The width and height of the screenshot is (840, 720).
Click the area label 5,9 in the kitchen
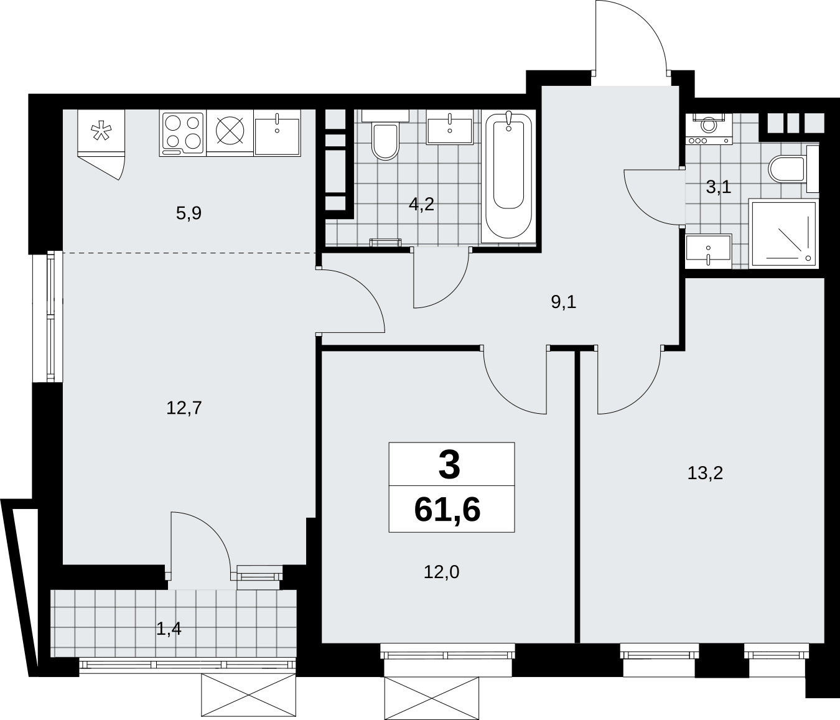pyautogui.click(x=189, y=213)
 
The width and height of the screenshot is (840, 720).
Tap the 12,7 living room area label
pyautogui.click(x=184, y=408)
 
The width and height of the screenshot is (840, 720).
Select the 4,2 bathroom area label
pyautogui.click(x=421, y=204)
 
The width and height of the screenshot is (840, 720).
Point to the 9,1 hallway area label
pyautogui.click(x=564, y=302)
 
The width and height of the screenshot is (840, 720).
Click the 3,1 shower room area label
pyautogui.click(x=719, y=187)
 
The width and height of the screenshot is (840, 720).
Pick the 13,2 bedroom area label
pyautogui.click(x=705, y=473)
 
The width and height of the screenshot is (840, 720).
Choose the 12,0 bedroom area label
pyautogui.click(x=441, y=572)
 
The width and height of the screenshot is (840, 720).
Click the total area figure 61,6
pyautogui.click(x=447, y=510)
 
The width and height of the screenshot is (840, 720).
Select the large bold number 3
pyautogui.click(x=449, y=465)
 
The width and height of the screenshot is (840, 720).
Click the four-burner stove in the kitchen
pyautogui.click(x=182, y=133)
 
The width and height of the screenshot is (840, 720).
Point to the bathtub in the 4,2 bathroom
pyautogui.click(x=508, y=177)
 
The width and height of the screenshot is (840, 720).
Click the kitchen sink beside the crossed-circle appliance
pyautogui.click(x=277, y=133)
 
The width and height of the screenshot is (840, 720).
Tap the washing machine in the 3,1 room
pyautogui.click(x=709, y=128)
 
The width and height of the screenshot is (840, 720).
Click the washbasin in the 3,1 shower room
pyautogui.click(x=708, y=251)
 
